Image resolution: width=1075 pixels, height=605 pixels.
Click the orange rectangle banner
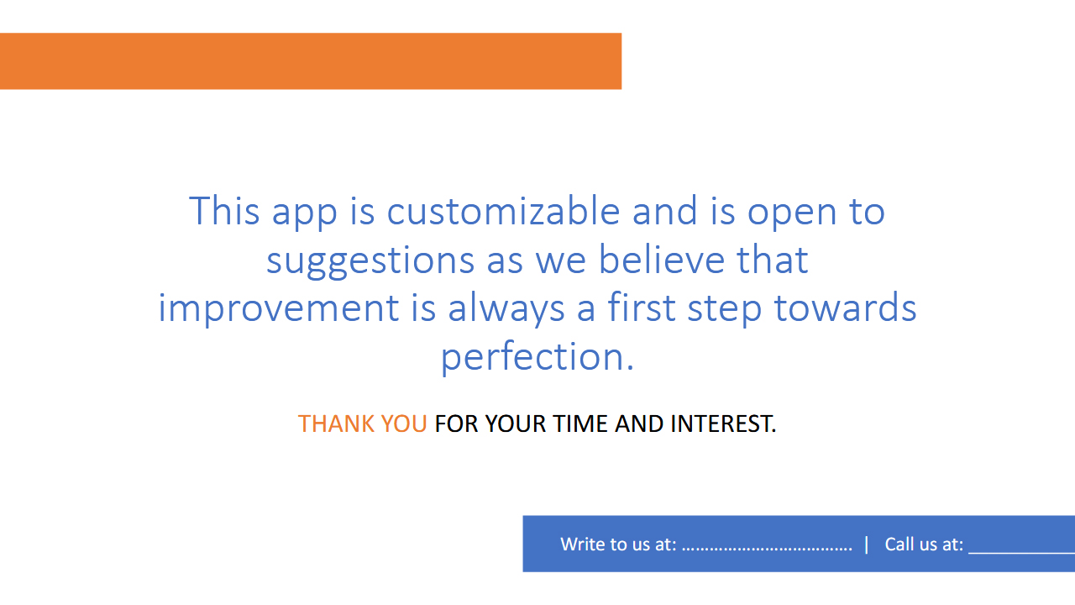tap(311, 61)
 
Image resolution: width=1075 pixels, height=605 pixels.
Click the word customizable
tap(503, 211)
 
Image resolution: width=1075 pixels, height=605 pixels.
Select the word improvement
tap(279, 308)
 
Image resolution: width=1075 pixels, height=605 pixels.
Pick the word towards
tap(845, 308)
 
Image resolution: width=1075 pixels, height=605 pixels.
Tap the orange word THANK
tap(336, 424)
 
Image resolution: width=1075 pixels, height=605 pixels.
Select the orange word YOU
tap(404, 424)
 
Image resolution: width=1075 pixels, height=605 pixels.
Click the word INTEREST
tap(723, 424)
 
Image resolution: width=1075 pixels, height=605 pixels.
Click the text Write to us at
tap(619, 544)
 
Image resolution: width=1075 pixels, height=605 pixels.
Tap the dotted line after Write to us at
tap(767, 550)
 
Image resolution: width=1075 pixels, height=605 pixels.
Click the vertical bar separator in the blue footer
tap(866, 545)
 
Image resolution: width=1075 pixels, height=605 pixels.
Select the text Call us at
tap(924, 544)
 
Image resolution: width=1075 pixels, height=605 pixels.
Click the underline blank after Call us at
tap(1022, 553)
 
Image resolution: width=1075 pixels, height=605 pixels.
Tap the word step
tap(725, 310)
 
